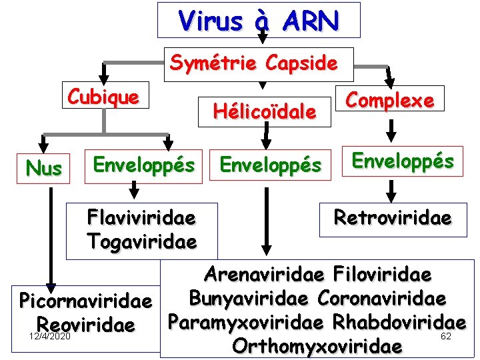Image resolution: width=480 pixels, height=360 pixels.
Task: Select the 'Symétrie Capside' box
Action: pos(253,63)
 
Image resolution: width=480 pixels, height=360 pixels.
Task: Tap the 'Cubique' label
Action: pos(103,97)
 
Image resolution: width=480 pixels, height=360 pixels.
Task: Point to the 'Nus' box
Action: pos(44,169)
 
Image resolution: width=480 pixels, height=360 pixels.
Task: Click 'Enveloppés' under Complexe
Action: pos(403,161)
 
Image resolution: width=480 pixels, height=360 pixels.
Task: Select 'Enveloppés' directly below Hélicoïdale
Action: pos(270,164)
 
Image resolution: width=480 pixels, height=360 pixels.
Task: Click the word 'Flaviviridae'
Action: pos(141,218)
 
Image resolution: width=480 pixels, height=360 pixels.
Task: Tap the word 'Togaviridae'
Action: pos(141,241)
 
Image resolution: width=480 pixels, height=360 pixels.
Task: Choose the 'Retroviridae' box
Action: pos(393,218)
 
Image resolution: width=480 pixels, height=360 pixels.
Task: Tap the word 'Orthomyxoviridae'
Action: pos(317,346)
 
